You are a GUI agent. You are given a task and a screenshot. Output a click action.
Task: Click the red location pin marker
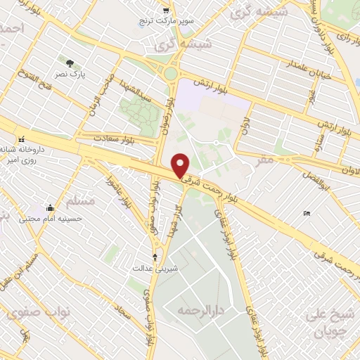click(181, 166)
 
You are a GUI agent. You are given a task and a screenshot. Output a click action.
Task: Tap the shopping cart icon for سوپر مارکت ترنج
click(166, 11)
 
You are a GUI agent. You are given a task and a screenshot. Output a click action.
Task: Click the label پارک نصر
click(72, 74)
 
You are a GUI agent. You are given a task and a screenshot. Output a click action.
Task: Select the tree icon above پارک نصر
click(69, 63)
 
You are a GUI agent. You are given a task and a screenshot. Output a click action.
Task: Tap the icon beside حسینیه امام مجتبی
click(50, 208)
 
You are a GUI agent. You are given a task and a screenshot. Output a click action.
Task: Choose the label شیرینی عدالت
click(156, 268)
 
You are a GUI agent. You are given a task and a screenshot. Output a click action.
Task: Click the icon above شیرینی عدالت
click(155, 257)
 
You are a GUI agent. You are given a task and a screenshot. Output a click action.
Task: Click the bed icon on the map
click(306, 213)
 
